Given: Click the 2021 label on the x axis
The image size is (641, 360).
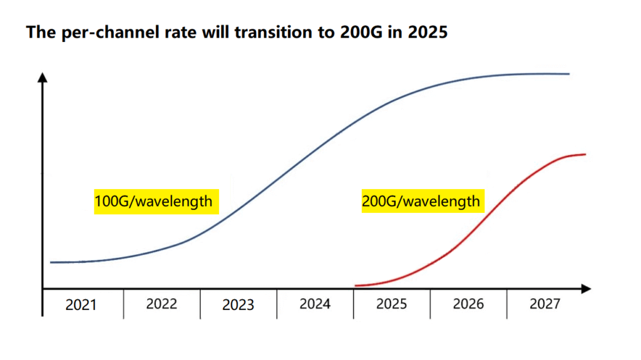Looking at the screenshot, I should tap(81, 305).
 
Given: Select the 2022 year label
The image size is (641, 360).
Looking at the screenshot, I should tap(162, 304).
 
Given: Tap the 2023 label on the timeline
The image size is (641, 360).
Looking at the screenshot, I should tap(238, 305).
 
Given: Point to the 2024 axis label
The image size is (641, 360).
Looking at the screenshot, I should tap(315, 304).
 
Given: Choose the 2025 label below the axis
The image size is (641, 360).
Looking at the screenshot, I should tap(391, 304).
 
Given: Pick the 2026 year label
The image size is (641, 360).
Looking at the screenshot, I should tap(468, 304).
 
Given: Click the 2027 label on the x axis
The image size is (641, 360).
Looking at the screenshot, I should tap(545, 304).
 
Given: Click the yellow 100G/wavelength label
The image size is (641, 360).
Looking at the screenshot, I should tap(153, 202).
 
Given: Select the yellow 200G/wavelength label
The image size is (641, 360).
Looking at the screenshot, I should tap(421, 201).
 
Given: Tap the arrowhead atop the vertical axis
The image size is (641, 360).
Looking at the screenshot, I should tap(42, 78).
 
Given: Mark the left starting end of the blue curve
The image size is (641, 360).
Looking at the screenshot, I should tap(51, 262).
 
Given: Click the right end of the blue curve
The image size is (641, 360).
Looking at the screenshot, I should tap(569, 74).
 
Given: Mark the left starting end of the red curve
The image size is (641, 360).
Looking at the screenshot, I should tap(355, 285).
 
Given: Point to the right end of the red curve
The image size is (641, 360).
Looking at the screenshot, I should tap(585, 154).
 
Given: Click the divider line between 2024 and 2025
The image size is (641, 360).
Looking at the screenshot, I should tap(353, 304).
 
